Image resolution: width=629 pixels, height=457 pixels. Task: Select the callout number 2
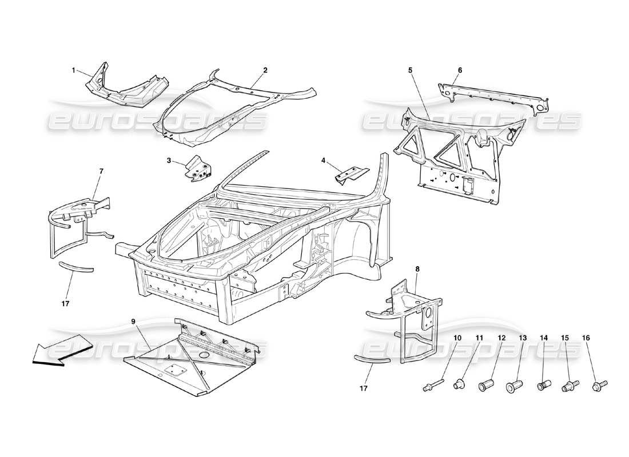(265, 70)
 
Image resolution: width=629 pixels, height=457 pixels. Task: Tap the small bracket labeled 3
(200, 169)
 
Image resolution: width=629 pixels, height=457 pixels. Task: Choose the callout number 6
(460, 70)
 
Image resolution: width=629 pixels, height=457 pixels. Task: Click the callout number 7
(101, 171)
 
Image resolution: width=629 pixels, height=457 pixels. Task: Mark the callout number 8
(417, 268)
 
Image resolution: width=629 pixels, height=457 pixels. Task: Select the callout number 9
(133, 322)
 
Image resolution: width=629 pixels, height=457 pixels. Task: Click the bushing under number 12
(485, 386)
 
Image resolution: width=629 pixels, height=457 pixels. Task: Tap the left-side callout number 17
(65, 303)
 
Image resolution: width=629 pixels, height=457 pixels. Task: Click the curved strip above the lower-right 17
(372, 358)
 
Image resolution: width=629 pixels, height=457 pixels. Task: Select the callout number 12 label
(501, 338)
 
